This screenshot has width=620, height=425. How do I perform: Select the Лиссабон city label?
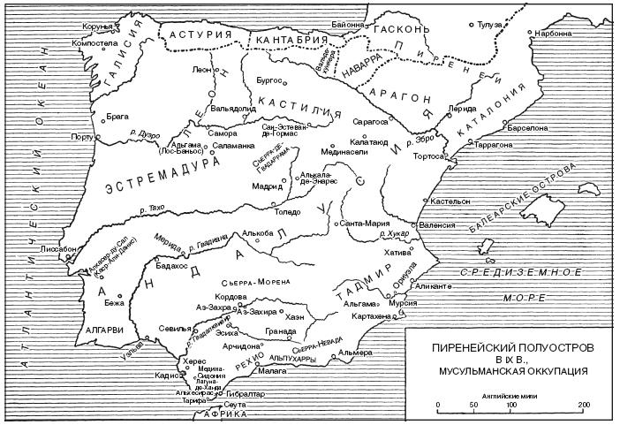pos(51,249)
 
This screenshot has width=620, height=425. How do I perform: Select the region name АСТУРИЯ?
pos(202,34)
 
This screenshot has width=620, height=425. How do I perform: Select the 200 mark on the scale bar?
pos(583,405)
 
